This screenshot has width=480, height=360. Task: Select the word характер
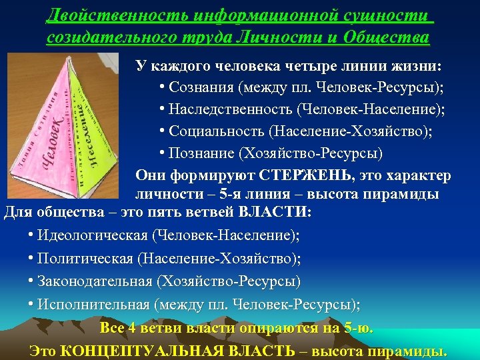coord(419,175)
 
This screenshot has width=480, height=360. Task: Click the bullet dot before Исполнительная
coord(31,304)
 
